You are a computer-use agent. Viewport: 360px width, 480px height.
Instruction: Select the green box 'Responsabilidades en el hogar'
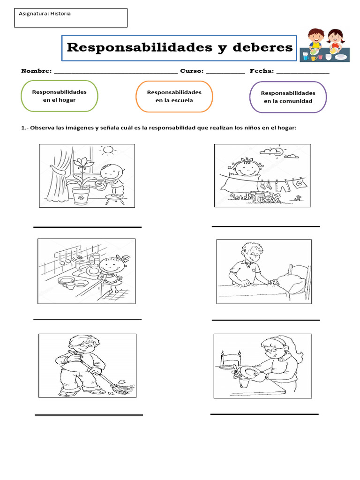tap(60, 96)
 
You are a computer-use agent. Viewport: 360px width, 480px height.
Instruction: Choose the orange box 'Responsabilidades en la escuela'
tap(174, 96)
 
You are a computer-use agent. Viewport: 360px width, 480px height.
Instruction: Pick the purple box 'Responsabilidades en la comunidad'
tap(288, 97)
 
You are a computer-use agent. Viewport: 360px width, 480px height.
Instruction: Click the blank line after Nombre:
tap(116, 73)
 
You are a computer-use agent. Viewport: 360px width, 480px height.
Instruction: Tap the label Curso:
tap(192, 71)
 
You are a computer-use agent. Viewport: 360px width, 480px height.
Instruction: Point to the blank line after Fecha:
tap(302, 73)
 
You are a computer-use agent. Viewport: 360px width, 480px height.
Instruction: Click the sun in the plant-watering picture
tap(109, 150)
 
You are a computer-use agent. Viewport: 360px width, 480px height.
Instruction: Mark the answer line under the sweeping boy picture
tap(89, 415)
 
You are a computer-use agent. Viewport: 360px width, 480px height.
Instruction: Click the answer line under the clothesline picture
tap(265, 226)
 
